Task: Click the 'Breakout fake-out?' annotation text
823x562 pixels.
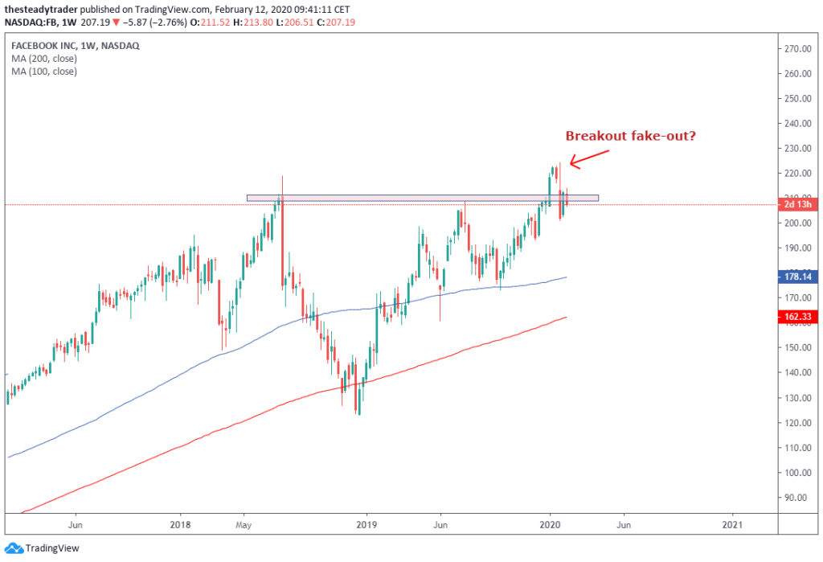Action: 631,135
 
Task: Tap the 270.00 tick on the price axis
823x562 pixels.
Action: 798,48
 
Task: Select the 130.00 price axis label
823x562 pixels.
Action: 798,397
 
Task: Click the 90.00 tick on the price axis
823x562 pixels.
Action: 798,497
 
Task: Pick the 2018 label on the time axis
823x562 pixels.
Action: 180,520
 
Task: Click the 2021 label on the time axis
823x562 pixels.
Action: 732,520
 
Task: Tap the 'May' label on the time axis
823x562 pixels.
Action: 244,520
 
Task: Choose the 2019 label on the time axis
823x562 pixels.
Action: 366,520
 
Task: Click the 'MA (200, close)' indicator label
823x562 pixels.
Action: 44,59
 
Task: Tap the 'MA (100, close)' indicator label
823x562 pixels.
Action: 44,72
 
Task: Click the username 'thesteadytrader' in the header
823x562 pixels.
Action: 39,8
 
